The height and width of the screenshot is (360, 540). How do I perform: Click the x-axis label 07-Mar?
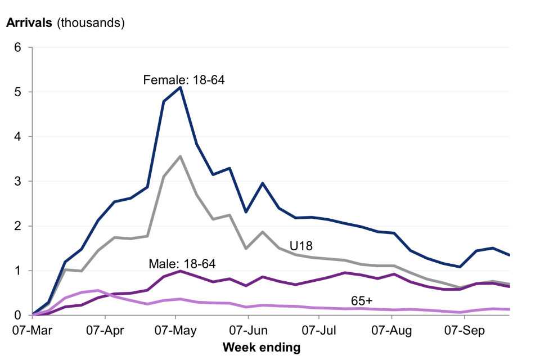pyautogui.click(x=33, y=330)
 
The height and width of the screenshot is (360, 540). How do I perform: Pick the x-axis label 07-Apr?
pyautogui.click(x=105, y=330)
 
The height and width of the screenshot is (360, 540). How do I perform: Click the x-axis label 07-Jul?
pyautogui.click(x=318, y=330)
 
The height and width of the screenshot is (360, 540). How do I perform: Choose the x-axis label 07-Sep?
pyautogui.click(x=463, y=330)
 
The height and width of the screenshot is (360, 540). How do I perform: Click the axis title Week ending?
pyautogui.click(x=261, y=348)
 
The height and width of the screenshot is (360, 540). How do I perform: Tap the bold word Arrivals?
pyautogui.click(x=29, y=23)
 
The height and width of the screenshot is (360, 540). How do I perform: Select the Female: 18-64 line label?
pyautogui.click(x=184, y=80)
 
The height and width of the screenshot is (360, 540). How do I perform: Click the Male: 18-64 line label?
pyautogui.click(x=182, y=263)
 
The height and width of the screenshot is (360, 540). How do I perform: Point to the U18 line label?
pyautogui.click(x=301, y=245)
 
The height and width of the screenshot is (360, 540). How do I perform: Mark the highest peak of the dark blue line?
pyautogui.click(x=180, y=87)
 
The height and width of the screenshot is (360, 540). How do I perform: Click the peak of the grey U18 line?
pyautogui.click(x=180, y=156)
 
